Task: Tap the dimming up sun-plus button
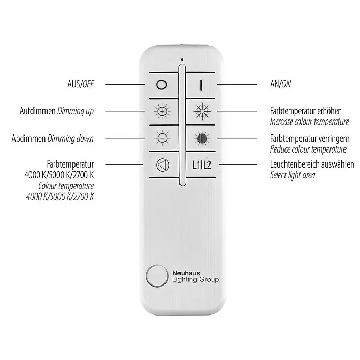coord(162,112)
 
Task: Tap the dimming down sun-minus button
coord(162,138)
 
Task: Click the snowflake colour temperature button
coord(202,111)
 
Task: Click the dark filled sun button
coord(202,139)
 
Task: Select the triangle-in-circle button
coord(162,165)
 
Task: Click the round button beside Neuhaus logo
coord(157,276)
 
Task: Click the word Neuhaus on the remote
coord(186,273)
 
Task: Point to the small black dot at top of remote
coord(182,59)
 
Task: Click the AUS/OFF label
coord(81,84)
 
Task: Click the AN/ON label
coord(280,84)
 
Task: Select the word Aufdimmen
coord(37,111)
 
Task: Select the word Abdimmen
coord(28,139)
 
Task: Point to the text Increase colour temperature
coord(309,122)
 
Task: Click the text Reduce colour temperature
coord(308,149)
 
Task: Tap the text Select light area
coord(292,175)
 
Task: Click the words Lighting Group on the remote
coord(196,280)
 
